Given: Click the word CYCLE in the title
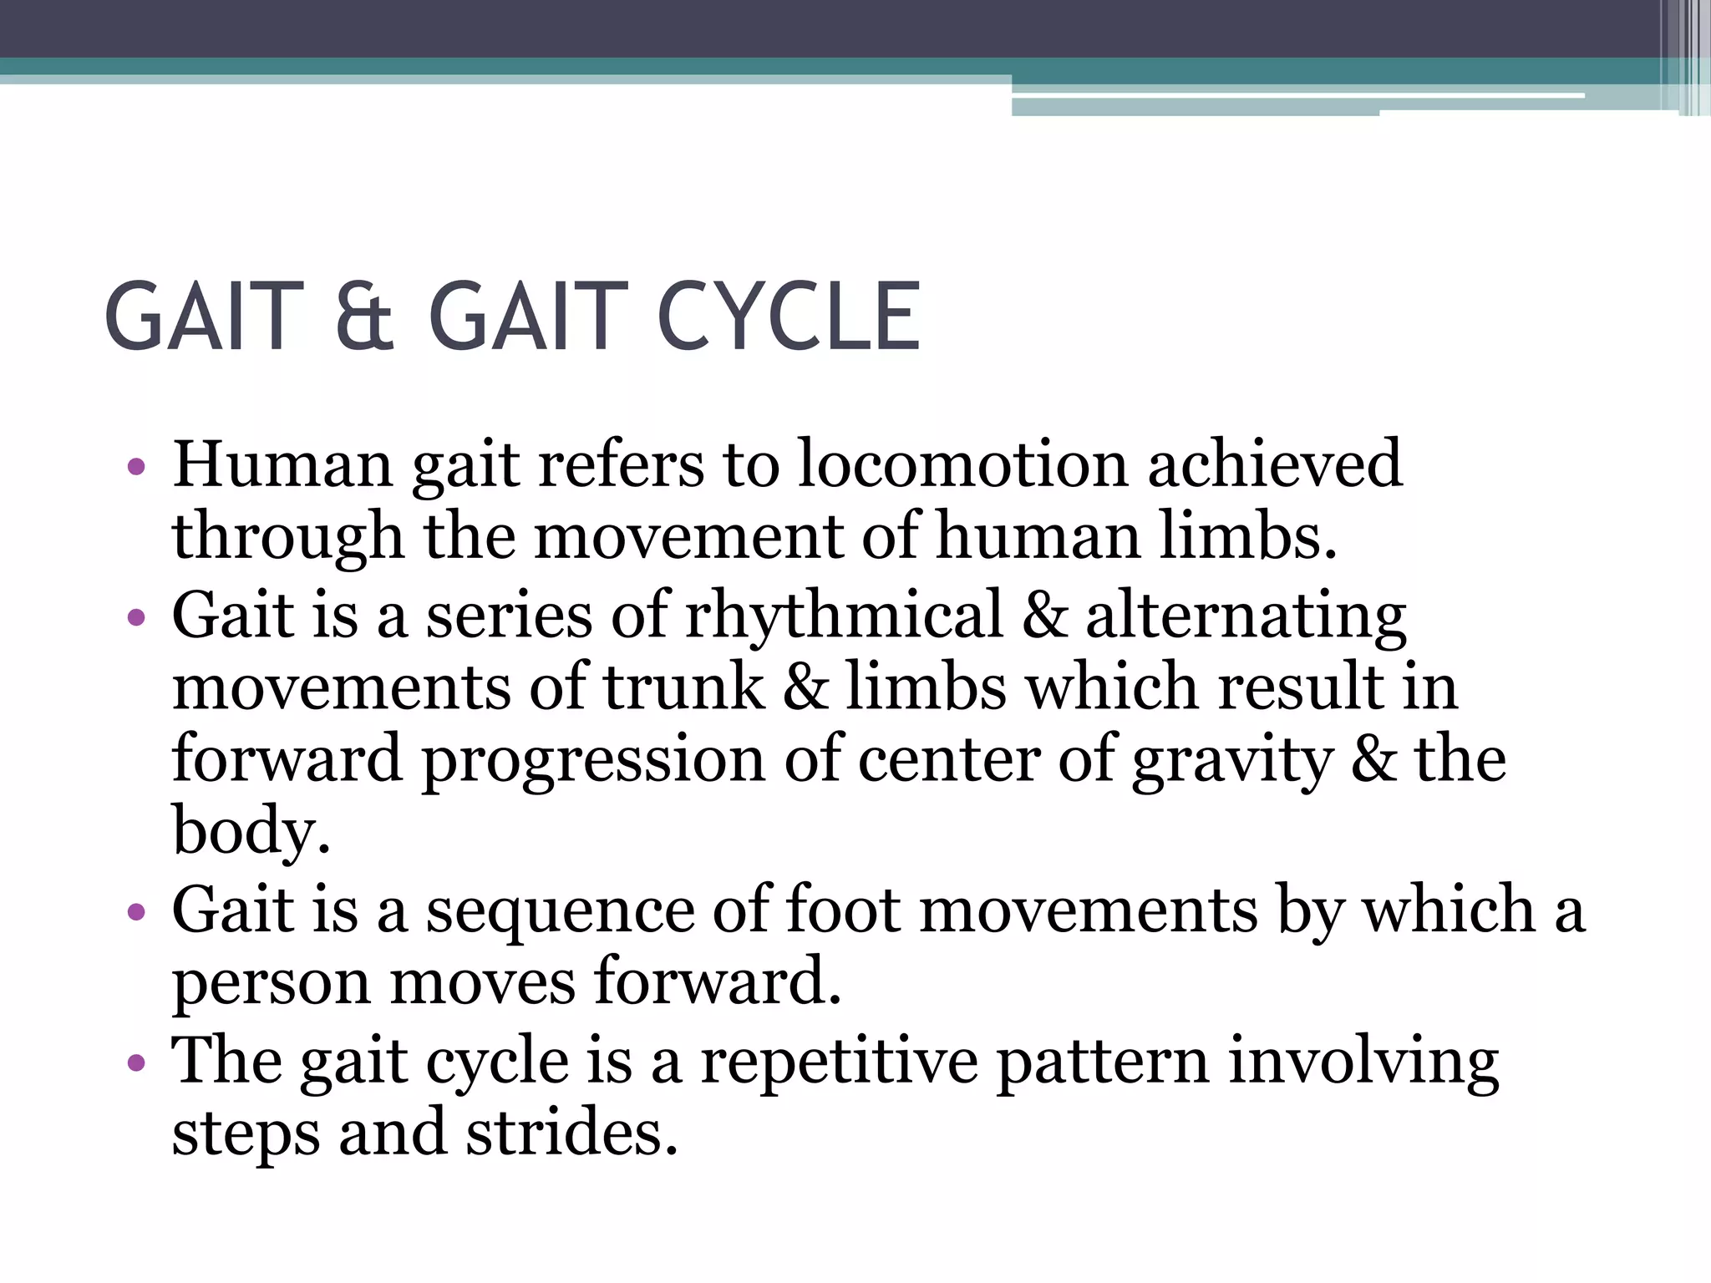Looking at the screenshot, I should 789,317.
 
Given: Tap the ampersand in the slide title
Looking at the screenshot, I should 364,317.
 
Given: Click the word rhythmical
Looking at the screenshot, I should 844,616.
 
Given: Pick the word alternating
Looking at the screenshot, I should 1246,616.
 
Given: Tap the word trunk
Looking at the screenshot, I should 683,687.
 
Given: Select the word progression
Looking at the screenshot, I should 592,761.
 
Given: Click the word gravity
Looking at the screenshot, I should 1232,761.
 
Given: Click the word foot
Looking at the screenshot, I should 843,910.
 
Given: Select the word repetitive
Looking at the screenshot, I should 839,1062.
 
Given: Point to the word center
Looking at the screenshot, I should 949,761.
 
